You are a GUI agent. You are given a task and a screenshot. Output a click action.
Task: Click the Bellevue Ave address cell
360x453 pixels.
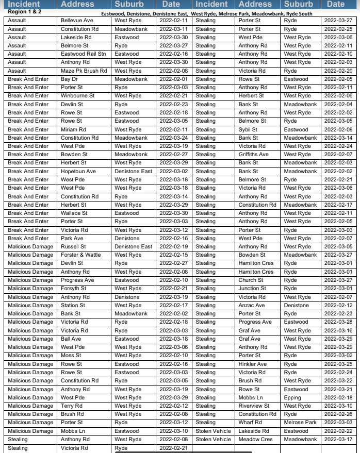(x=77, y=21)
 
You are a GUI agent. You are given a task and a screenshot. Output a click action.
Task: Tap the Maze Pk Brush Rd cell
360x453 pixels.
(x=84, y=71)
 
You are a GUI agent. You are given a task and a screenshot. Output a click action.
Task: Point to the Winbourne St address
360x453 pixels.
(x=78, y=96)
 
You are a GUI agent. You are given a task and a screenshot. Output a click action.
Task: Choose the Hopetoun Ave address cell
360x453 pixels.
(x=78, y=171)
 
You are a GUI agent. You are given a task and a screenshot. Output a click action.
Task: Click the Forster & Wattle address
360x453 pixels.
(x=81, y=255)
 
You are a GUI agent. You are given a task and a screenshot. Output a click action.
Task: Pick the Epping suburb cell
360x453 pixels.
(x=292, y=398)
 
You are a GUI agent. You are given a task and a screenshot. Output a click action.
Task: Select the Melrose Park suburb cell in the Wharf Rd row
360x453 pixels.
(x=300, y=423)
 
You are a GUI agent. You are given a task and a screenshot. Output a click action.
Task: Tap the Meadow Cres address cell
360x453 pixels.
(x=256, y=440)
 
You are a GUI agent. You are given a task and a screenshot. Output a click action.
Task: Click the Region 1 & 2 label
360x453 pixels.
(x=25, y=11)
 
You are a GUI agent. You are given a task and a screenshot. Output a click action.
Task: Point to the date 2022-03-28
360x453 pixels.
(x=338, y=322)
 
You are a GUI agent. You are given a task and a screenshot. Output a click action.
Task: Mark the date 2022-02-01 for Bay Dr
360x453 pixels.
(x=173, y=79)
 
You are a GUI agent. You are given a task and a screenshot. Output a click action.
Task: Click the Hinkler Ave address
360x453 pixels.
(x=253, y=364)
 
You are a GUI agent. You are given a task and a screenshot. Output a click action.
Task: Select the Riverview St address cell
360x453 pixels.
(x=254, y=406)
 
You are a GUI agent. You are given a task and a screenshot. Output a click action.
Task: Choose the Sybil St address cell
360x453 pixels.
(x=248, y=129)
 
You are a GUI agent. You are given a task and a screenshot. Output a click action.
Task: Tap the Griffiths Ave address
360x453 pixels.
(x=254, y=154)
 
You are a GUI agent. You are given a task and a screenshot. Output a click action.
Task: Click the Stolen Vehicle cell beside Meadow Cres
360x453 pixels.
(x=213, y=440)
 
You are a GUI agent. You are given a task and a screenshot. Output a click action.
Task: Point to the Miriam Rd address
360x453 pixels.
(x=73, y=129)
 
